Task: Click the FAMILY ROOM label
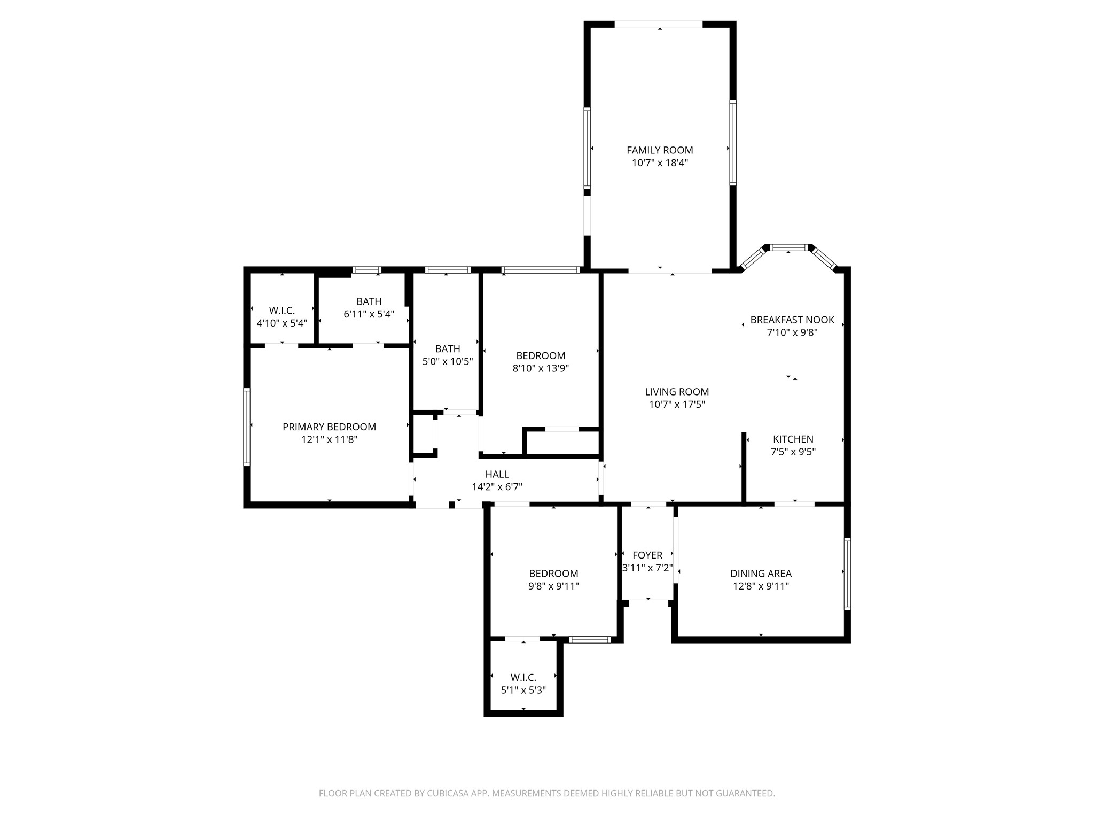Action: point(660,150)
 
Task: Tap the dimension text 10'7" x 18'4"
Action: point(660,163)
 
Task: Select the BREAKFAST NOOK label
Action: point(792,320)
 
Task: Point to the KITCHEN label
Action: point(793,439)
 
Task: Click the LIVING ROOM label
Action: point(677,392)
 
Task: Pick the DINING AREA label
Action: point(761,574)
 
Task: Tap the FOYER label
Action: point(647,555)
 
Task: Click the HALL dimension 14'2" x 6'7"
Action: point(497,487)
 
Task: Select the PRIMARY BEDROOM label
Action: point(329,427)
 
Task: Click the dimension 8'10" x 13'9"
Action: point(541,368)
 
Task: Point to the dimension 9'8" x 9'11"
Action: point(553,586)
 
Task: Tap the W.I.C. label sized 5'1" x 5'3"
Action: point(523,677)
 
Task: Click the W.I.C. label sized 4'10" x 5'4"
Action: point(282,311)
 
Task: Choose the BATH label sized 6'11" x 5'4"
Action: point(369,301)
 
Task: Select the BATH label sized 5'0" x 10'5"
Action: point(447,349)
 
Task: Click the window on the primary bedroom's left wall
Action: point(247,427)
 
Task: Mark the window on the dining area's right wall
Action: point(847,574)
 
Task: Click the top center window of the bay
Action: point(789,247)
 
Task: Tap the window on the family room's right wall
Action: point(733,143)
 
